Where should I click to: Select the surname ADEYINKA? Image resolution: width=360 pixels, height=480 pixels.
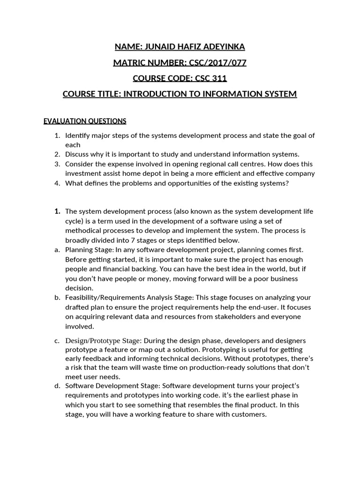click(x=223, y=46)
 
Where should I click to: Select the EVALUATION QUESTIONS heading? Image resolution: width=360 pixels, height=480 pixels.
click(x=85, y=121)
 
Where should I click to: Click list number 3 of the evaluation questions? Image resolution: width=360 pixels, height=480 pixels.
click(x=57, y=164)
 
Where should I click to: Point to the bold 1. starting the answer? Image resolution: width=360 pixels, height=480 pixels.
click(x=58, y=211)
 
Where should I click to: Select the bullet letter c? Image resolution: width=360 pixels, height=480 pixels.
click(x=57, y=340)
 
